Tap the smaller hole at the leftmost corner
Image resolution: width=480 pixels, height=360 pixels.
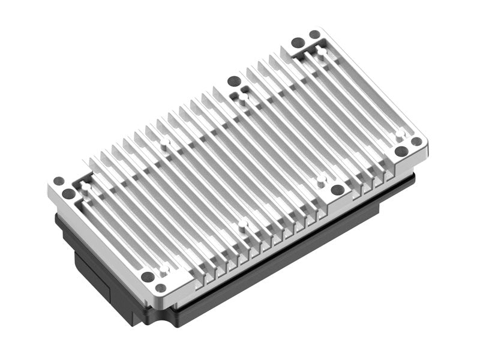[x=58, y=181]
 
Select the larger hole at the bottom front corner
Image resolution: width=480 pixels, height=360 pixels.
[x=147, y=277]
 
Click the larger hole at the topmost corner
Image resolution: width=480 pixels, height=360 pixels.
[x=298, y=43]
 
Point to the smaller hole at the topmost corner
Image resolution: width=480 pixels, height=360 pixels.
[x=314, y=35]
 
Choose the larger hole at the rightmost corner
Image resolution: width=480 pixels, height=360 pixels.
[x=401, y=151]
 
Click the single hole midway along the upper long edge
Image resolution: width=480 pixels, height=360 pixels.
[x=233, y=82]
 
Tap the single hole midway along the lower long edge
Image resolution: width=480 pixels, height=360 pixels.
[x=337, y=190]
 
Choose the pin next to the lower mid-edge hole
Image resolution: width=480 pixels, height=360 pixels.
[x=321, y=178]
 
